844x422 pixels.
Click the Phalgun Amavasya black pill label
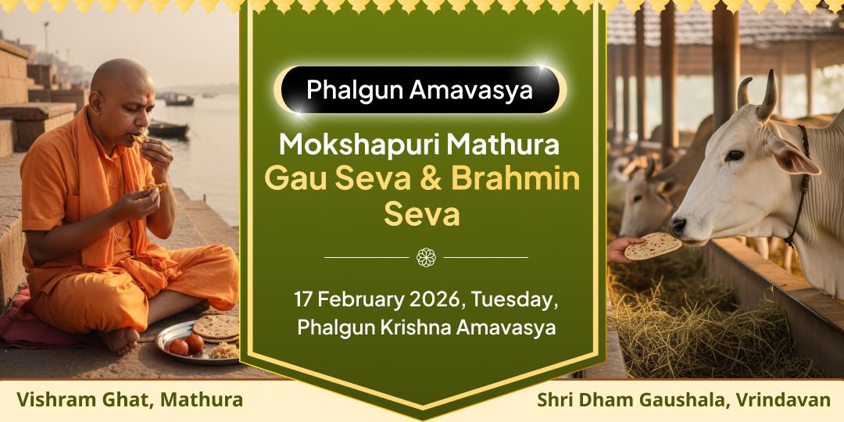[420, 89]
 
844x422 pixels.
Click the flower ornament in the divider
[426, 256]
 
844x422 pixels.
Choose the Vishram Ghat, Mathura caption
[130, 400]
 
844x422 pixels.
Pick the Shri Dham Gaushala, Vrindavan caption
[683, 400]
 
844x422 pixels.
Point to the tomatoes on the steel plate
[185, 344]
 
